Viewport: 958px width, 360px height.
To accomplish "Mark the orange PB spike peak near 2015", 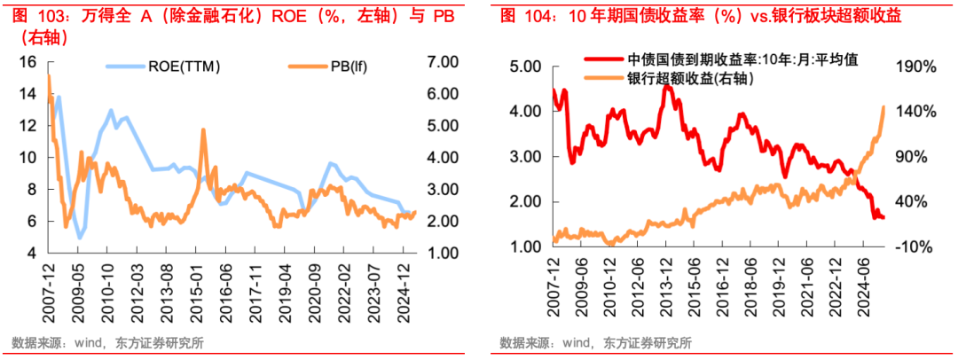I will coord(203,129).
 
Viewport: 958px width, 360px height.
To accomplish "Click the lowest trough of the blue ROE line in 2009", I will coord(80,239).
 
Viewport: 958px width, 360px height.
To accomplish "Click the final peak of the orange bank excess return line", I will coord(884,106).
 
